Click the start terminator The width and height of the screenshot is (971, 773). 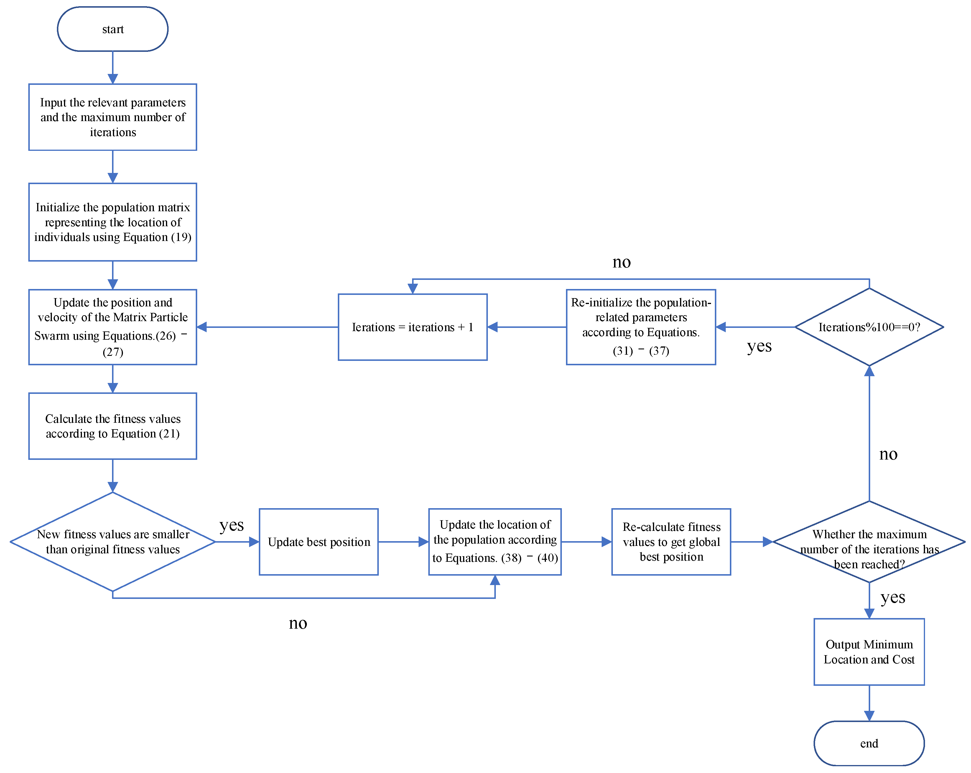coord(113,29)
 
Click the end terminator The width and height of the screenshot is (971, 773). coord(869,743)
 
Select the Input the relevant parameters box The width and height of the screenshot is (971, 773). coord(113,117)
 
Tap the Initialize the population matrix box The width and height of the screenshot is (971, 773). coord(113,222)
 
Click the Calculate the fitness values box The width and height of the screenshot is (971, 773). coord(113,426)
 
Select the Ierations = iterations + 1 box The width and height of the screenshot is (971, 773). coord(412,327)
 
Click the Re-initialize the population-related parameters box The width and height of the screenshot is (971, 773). coord(641,327)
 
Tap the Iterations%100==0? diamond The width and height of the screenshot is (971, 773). coord(869,327)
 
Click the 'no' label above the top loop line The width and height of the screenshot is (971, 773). coord(621,262)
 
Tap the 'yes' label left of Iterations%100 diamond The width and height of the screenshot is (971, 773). coord(759,346)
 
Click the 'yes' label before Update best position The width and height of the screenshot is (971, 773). coord(231,525)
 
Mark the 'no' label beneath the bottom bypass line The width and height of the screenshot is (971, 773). coord(298,623)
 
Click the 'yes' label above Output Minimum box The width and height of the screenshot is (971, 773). coord(893,597)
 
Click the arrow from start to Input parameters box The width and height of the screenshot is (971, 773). coord(113,67)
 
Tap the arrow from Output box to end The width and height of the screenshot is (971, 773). coord(869,703)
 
